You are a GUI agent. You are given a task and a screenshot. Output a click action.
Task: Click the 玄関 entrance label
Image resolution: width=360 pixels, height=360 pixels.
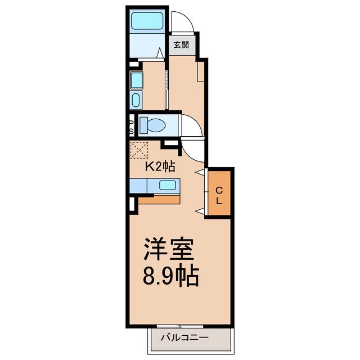click(181, 44)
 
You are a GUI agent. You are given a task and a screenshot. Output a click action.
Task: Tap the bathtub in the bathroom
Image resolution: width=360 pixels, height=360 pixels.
click(147, 21)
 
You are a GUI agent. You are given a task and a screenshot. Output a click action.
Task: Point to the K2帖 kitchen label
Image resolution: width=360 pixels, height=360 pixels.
click(160, 166)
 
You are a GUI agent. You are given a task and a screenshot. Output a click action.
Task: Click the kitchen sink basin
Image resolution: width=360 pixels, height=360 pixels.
click(168, 185)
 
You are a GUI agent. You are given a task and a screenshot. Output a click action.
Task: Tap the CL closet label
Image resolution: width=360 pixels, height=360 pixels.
click(219, 196)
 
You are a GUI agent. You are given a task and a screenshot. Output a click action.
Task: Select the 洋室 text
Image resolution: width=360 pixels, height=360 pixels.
click(168, 249)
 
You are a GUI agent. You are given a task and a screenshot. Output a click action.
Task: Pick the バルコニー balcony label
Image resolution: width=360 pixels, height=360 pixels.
click(184, 337)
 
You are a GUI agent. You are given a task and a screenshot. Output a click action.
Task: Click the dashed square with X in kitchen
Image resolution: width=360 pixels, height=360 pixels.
click(139, 150)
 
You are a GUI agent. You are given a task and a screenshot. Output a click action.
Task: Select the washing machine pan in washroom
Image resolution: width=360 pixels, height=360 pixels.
click(137, 80)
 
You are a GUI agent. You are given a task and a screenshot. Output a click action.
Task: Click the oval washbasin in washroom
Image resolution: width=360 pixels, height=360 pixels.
click(136, 100)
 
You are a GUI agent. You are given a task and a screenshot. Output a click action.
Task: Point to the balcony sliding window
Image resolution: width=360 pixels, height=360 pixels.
click(180, 326)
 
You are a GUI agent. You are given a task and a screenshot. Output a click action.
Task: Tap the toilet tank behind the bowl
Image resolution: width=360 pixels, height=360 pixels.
click(144, 125)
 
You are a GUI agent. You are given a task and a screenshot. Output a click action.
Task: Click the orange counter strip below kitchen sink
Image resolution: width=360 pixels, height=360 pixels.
click(159, 200)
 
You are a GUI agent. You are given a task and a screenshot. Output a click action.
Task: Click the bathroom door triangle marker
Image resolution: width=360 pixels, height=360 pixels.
click(160, 53)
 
